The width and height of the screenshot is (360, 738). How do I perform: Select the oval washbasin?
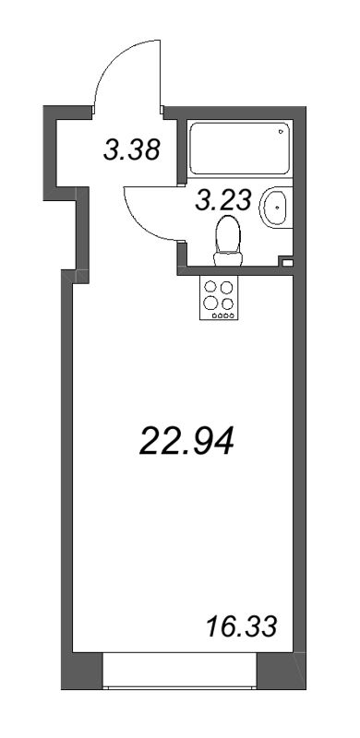pyautogui.click(x=274, y=208)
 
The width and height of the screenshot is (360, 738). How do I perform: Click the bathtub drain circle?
pyautogui.click(x=281, y=134)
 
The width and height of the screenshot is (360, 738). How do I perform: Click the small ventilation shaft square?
pyautogui.click(x=288, y=262)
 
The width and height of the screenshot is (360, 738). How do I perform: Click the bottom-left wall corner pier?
pyautogui.click(x=80, y=665)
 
